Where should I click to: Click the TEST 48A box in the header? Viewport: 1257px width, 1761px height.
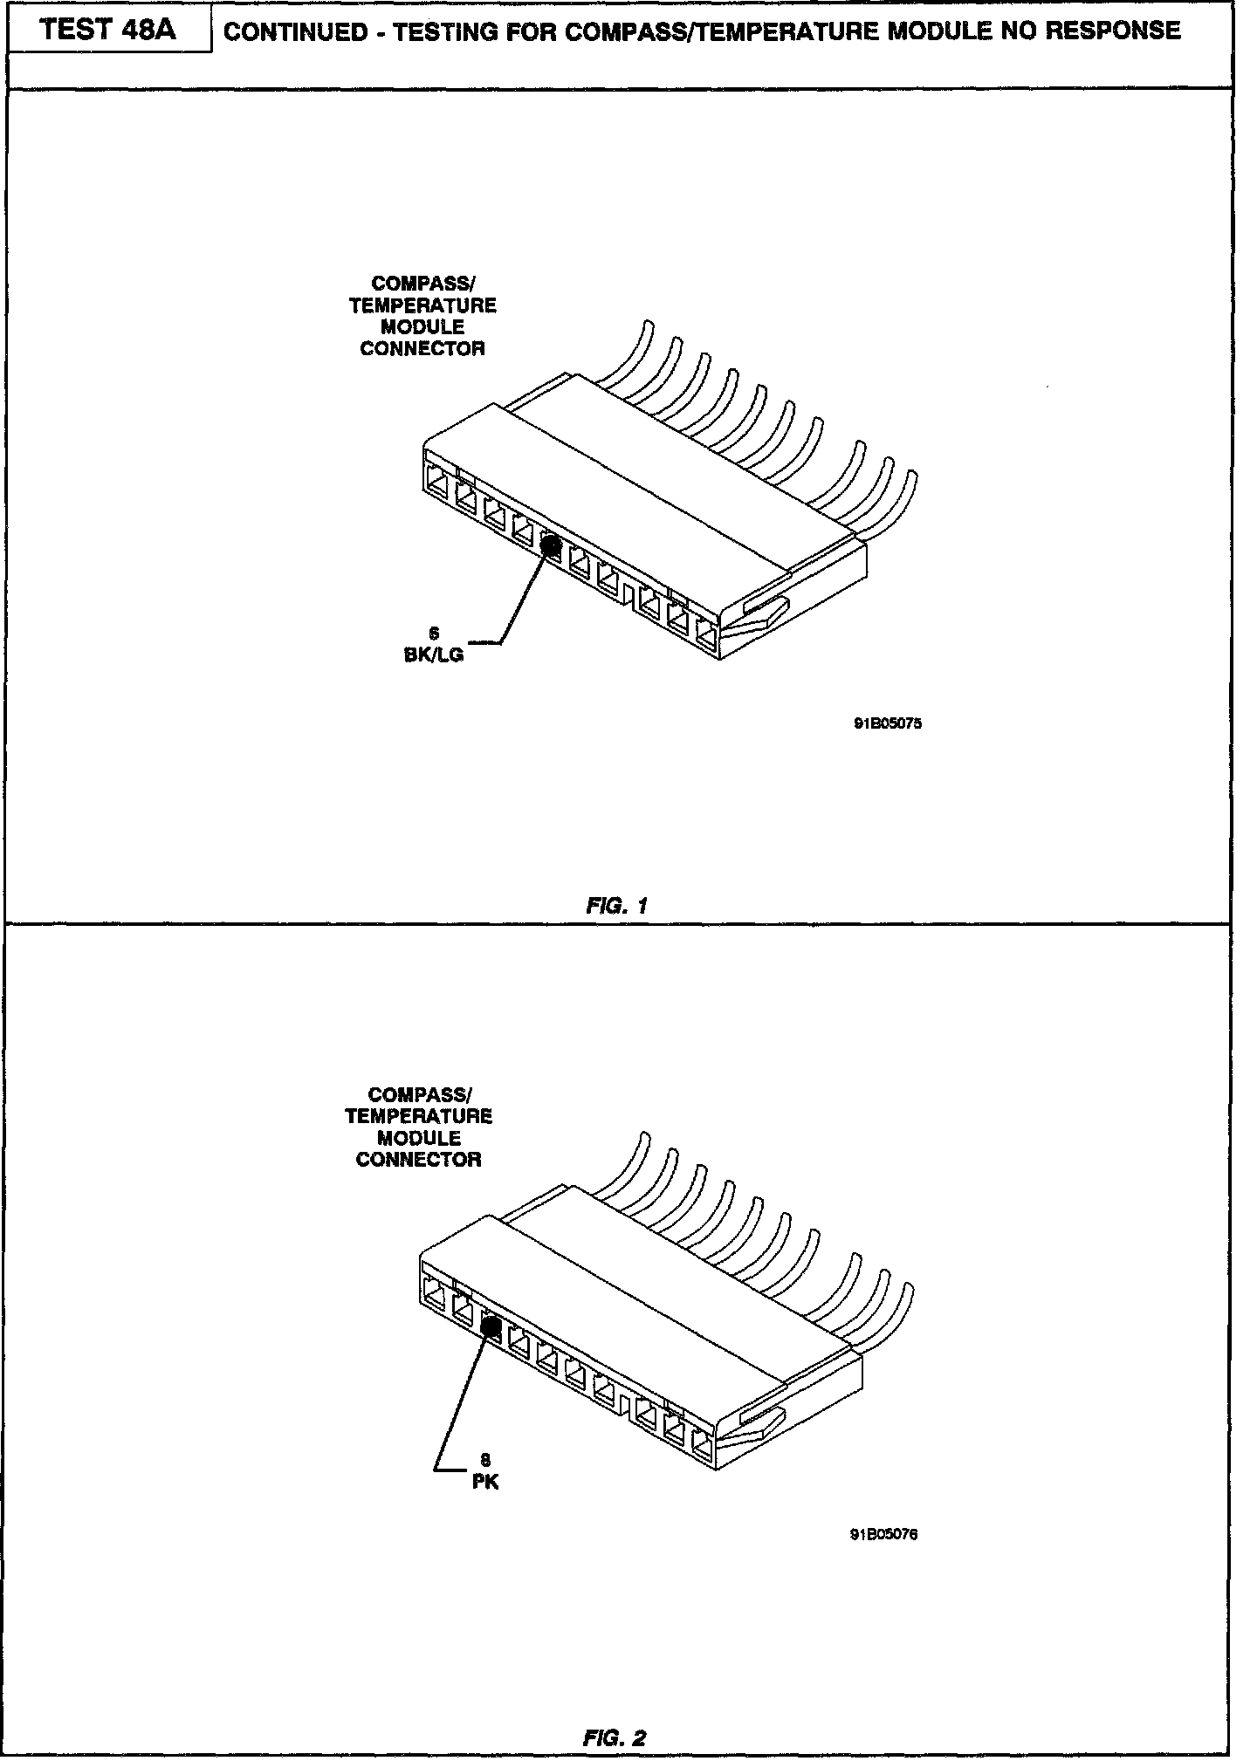coord(108,31)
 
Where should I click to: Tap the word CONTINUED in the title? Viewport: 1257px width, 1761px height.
coord(296,32)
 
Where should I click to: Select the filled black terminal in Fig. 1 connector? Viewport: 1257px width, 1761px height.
coord(551,545)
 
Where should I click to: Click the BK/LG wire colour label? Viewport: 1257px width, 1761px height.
coord(434,654)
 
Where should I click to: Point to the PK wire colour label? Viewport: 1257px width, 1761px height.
coord(484,1482)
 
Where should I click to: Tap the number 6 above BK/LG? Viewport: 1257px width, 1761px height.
coord(434,634)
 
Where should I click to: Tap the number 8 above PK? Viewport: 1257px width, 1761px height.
coord(485,1460)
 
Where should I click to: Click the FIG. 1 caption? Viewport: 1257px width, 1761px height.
coord(616,906)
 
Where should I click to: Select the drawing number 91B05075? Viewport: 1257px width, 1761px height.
coord(887,723)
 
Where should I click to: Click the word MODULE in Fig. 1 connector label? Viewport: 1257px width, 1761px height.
coord(422,327)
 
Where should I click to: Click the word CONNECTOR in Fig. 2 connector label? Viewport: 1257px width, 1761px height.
coord(418,1160)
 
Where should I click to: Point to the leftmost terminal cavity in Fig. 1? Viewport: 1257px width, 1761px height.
coord(436,483)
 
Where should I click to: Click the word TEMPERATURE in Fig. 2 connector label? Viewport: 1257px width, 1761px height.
coord(418,1116)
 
